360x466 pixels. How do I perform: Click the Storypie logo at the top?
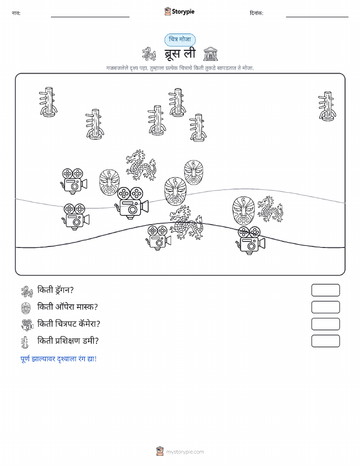[179, 12]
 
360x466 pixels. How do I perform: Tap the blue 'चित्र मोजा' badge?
[180, 40]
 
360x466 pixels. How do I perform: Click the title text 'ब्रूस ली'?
[180, 54]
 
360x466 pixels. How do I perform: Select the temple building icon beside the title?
[211, 54]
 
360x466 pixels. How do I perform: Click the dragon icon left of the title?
[149, 54]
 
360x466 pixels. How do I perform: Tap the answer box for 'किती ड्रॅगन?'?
[325, 290]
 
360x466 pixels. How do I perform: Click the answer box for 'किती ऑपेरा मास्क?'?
[325, 307]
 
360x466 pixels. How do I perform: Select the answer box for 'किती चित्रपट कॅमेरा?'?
[325, 324]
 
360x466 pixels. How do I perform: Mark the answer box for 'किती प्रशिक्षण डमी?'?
[325, 341]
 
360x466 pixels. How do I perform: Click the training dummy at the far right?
[327, 106]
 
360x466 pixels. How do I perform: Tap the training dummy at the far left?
[48, 102]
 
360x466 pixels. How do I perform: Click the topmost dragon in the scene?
[141, 165]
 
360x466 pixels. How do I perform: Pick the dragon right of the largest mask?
[270, 209]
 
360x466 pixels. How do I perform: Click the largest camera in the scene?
[132, 203]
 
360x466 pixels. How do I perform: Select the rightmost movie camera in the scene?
[251, 240]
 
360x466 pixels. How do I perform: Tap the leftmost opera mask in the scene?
[109, 182]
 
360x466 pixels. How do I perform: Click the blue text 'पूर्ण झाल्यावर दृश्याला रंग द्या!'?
[58, 359]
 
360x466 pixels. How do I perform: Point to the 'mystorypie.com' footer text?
[185, 452]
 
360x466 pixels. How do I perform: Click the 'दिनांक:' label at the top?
[256, 13]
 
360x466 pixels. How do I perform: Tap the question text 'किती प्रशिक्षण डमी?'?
[68, 341]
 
